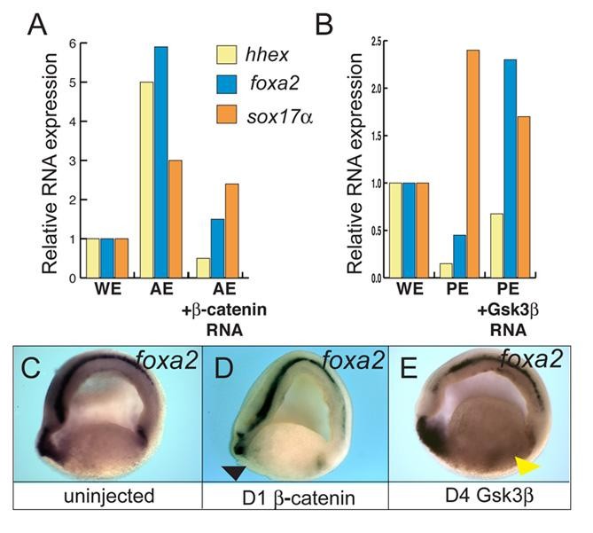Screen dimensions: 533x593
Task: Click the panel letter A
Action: (x=38, y=24)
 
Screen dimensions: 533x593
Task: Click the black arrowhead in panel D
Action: (x=235, y=474)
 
